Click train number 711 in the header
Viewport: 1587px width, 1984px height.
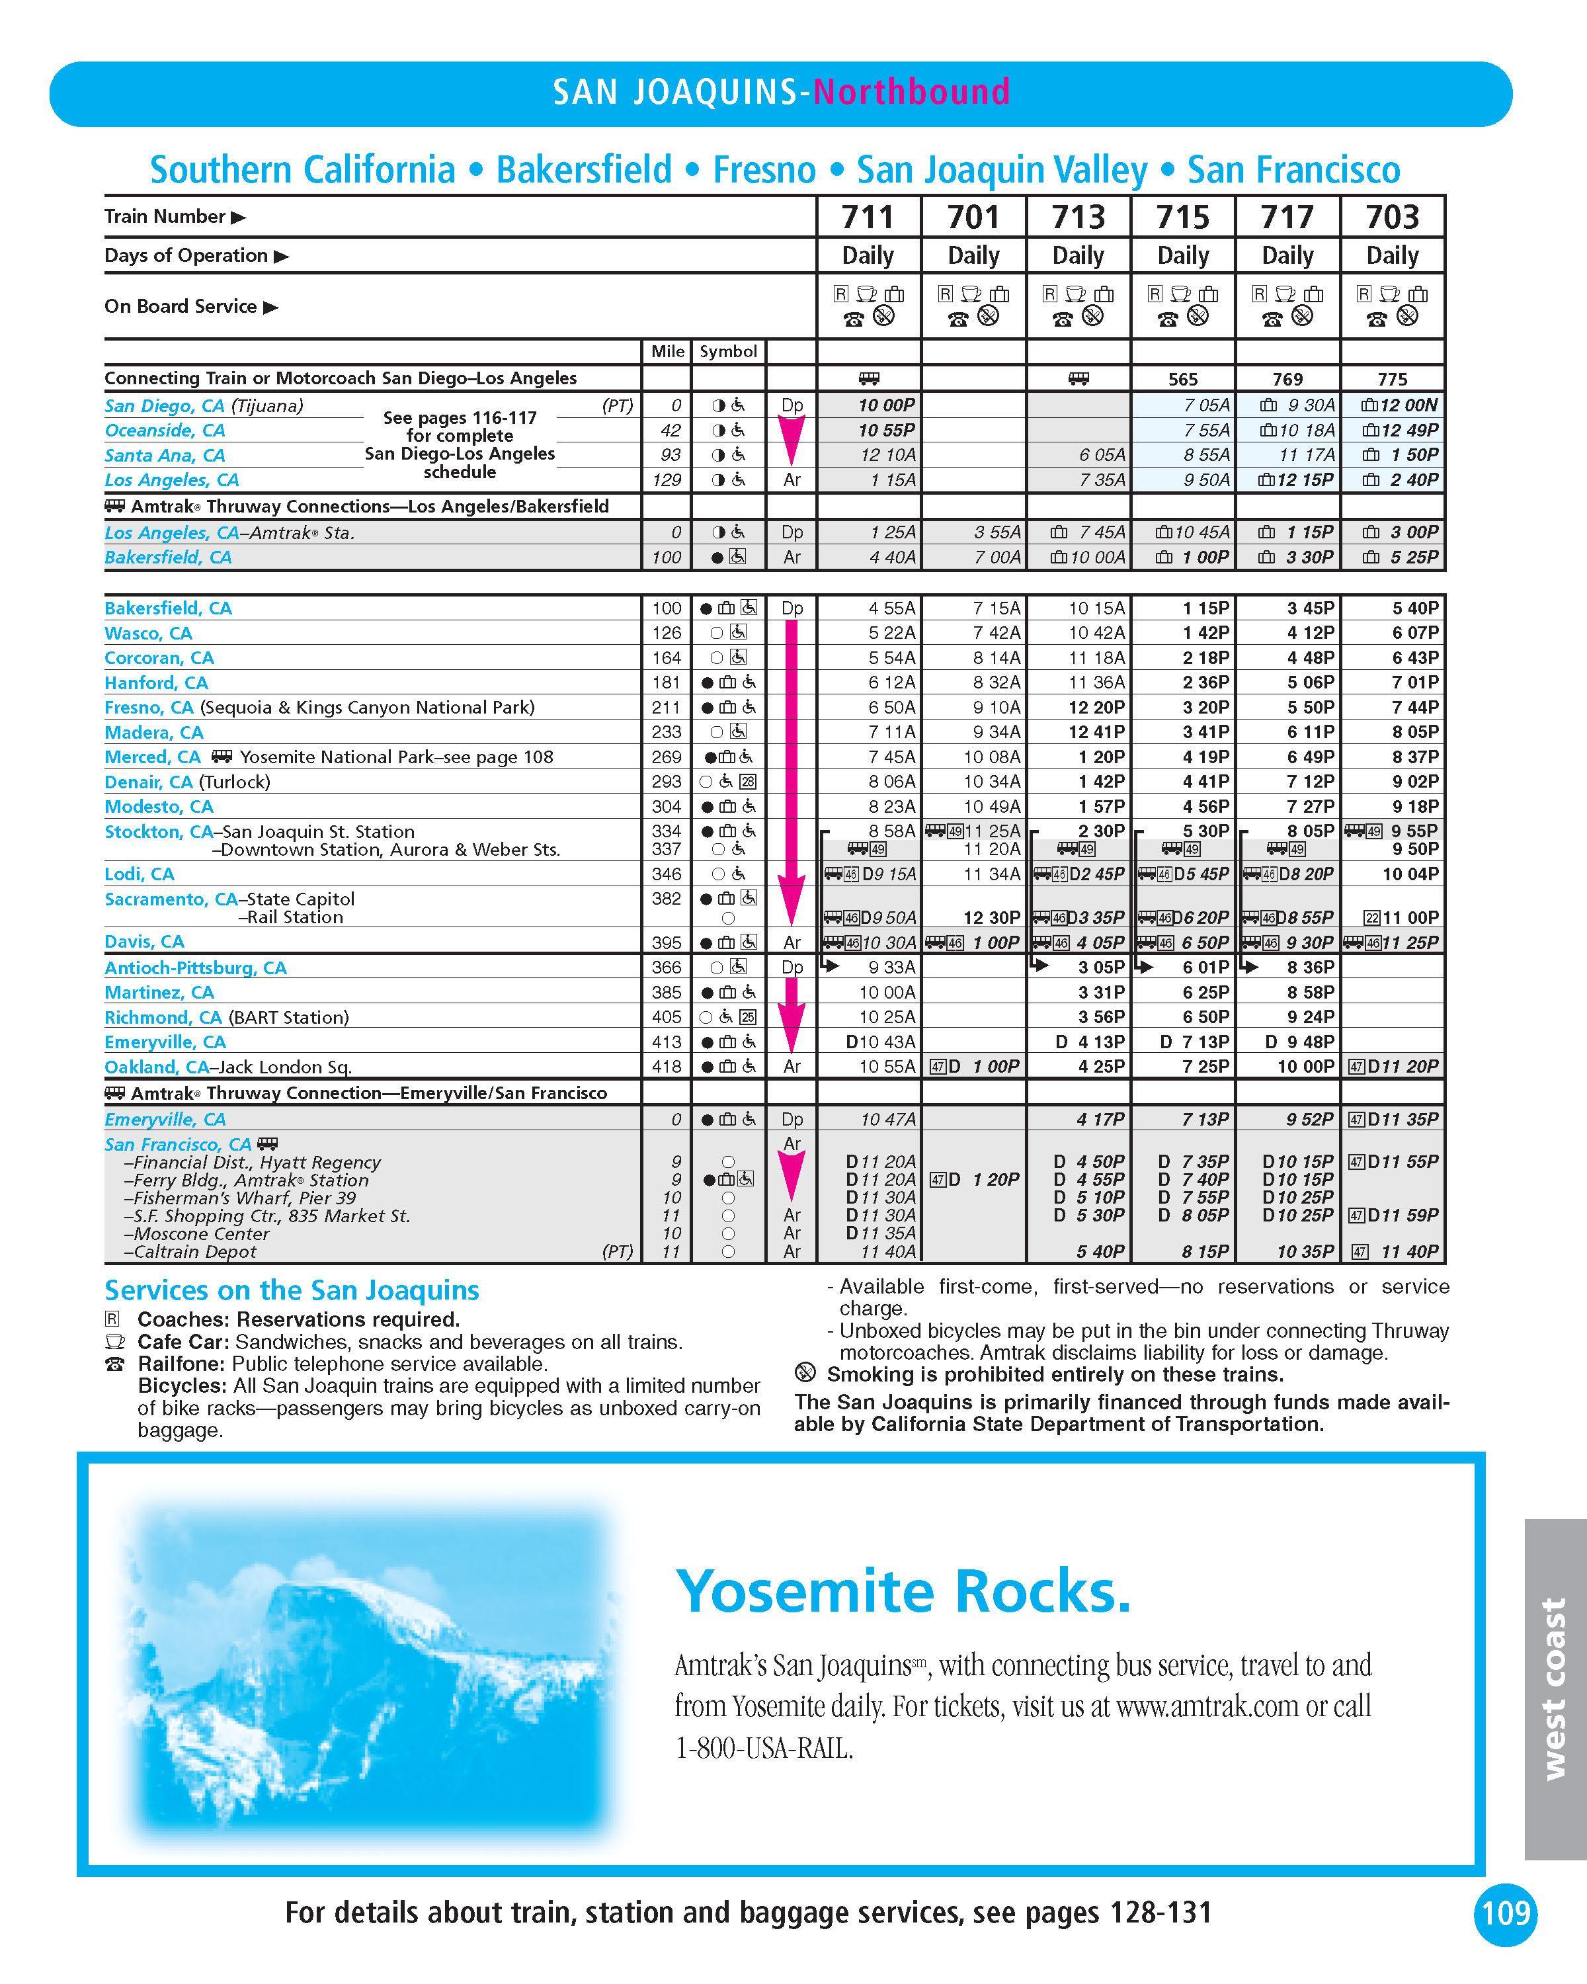click(868, 217)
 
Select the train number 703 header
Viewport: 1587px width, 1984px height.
click(1392, 217)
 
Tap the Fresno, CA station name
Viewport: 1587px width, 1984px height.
click(149, 708)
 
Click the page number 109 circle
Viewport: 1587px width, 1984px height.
click(1506, 1913)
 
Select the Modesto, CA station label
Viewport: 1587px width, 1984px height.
click(158, 807)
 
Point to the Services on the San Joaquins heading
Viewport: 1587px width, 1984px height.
click(292, 1290)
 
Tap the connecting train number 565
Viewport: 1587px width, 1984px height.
click(1182, 379)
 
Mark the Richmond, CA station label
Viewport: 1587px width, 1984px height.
click(163, 1018)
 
